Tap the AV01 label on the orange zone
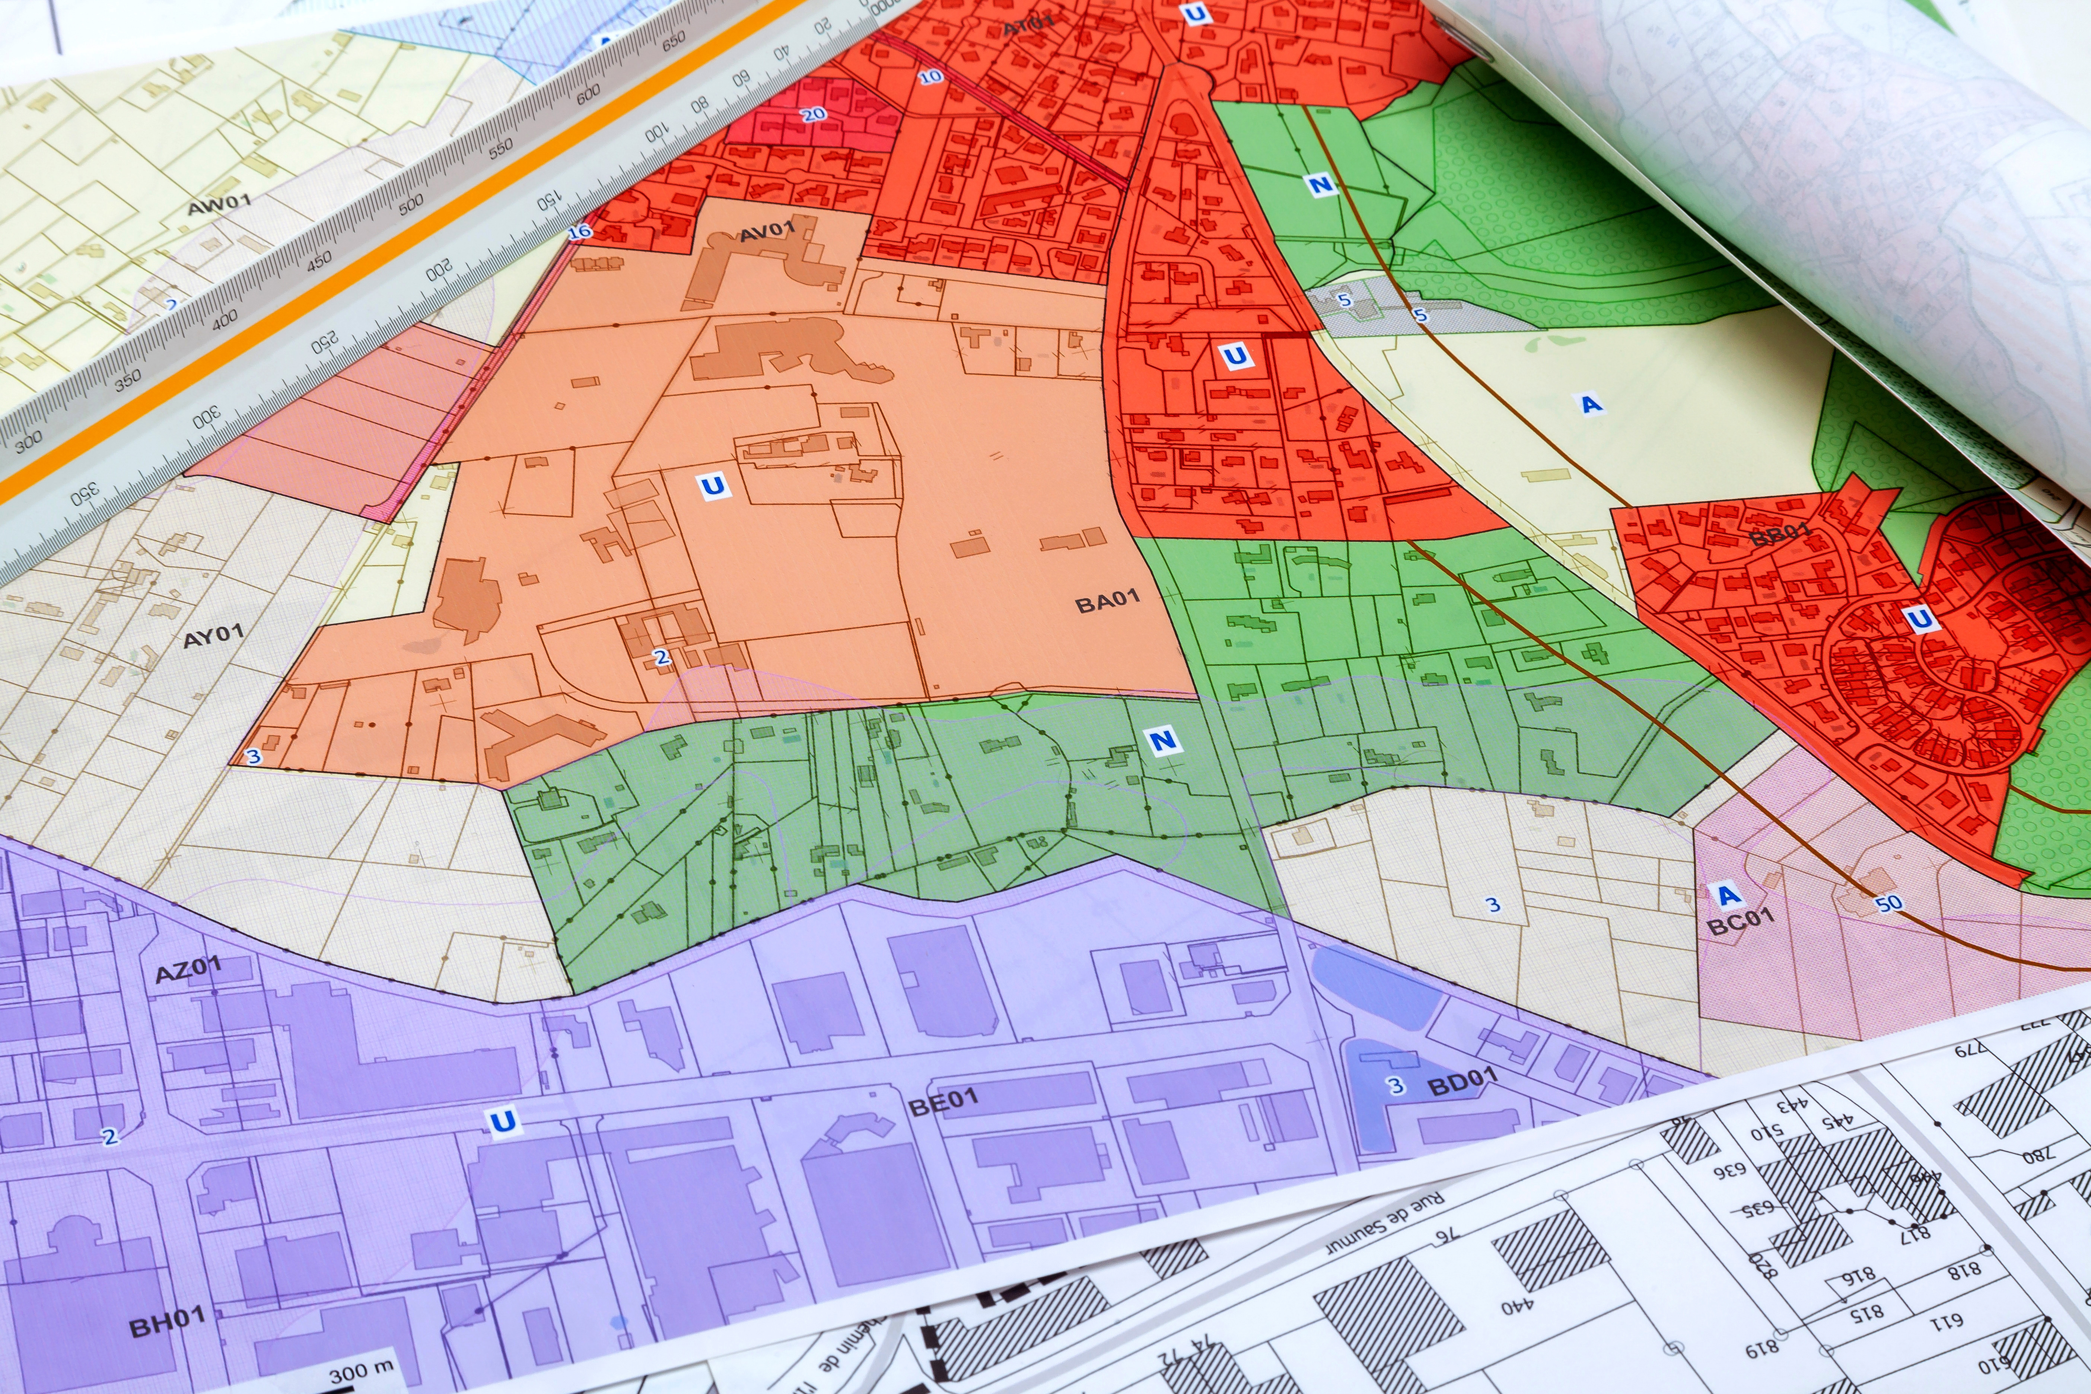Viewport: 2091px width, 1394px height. [x=766, y=231]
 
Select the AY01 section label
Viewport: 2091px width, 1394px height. [x=213, y=637]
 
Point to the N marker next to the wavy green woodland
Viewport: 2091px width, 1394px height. [x=1320, y=184]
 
